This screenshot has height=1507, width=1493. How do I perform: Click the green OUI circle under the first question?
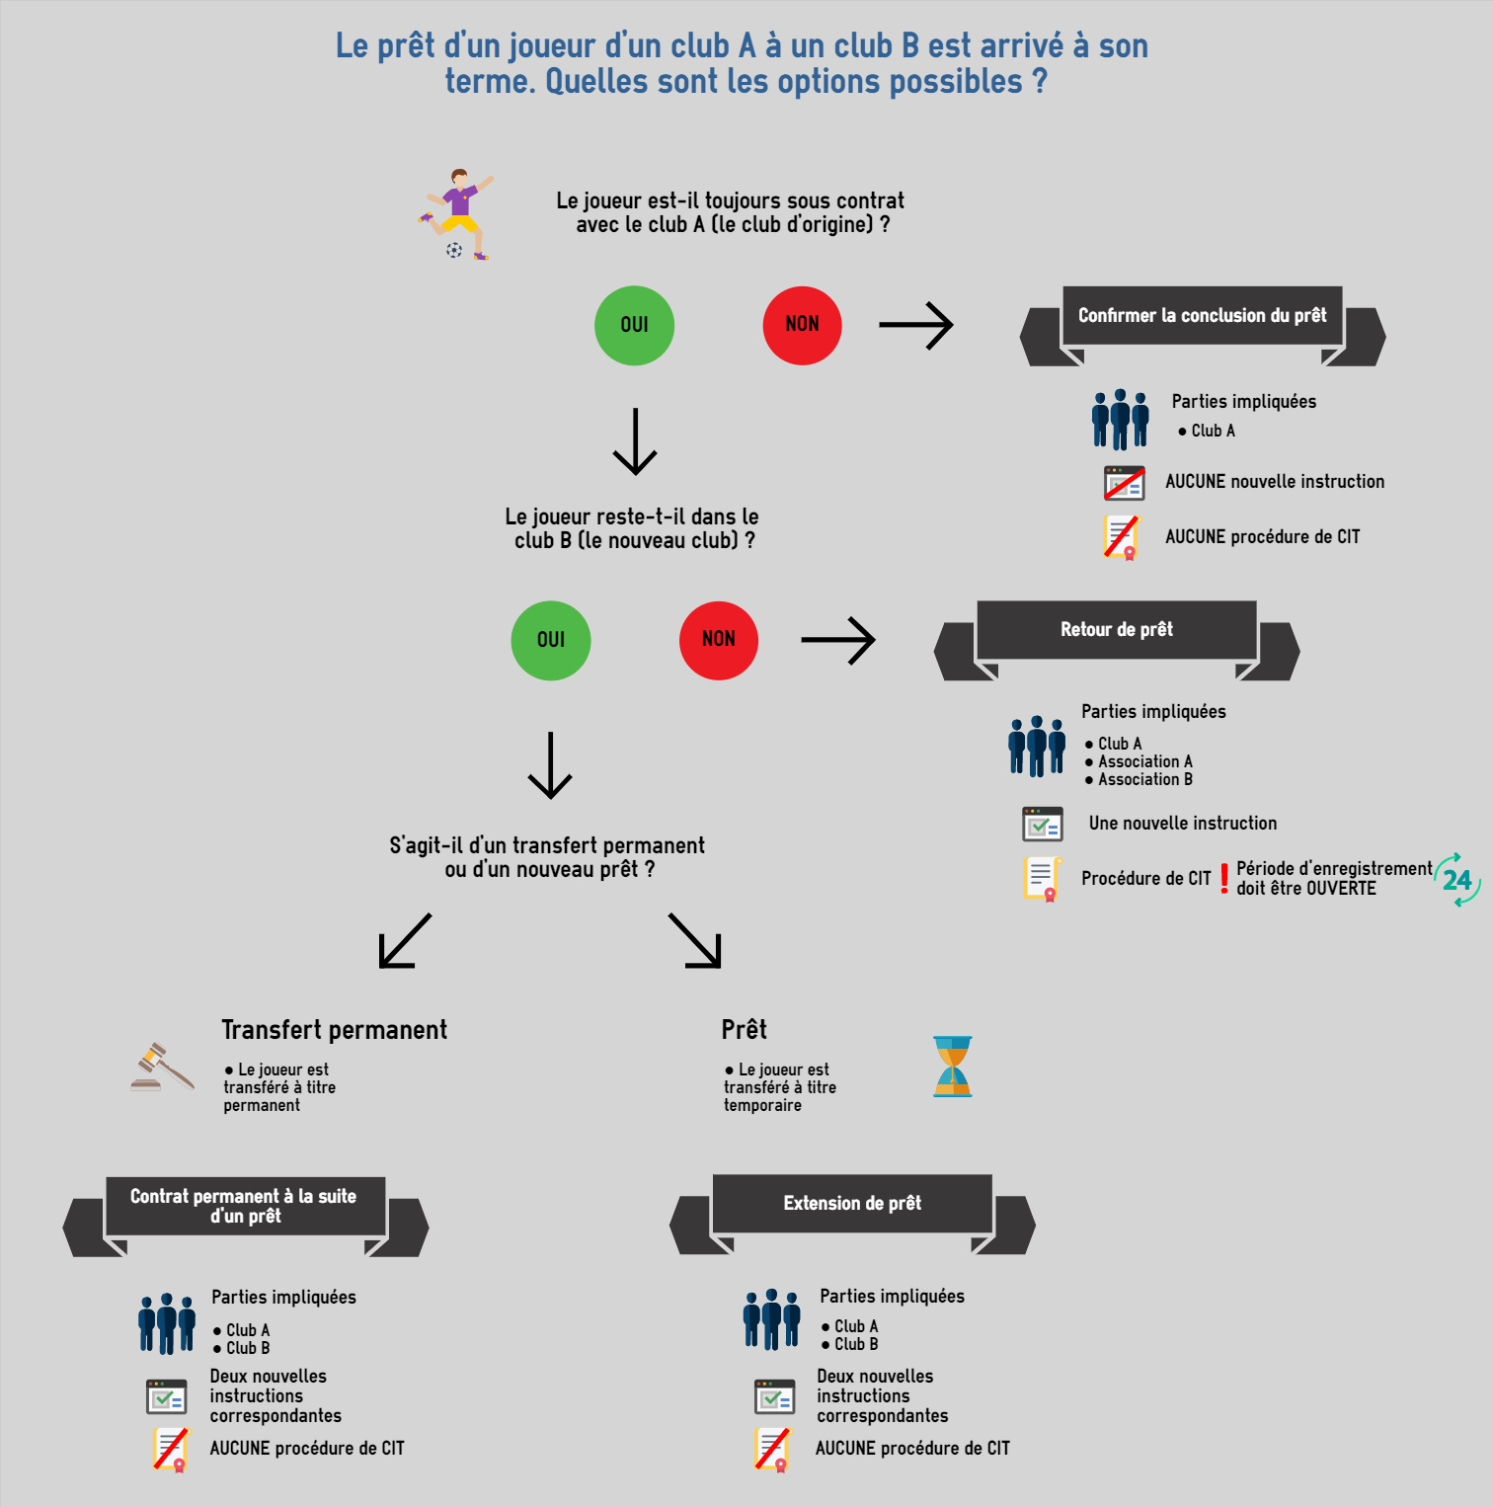(x=634, y=325)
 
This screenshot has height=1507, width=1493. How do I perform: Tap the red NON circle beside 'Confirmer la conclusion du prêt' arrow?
(x=802, y=325)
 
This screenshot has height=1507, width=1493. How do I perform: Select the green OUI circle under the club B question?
(x=551, y=640)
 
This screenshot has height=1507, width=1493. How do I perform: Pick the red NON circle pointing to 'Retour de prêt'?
(x=719, y=640)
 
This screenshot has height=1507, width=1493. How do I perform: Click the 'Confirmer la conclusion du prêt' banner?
(x=1203, y=316)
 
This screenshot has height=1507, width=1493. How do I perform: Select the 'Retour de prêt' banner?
(x=1117, y=630)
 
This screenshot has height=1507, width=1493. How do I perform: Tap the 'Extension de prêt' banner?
(x=852, y=1204)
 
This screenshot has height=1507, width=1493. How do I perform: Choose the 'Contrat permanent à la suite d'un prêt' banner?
(x=246, y=1206)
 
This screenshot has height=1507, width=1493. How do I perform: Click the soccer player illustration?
(x=456, y=214)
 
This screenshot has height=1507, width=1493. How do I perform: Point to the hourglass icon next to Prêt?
(x=953, y=1067)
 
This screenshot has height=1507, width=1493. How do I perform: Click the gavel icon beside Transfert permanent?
(x=163, y=1067)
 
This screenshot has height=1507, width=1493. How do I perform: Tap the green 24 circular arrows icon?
(x=1457, y=880)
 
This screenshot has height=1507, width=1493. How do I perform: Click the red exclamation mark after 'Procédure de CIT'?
(x=1224, y=878)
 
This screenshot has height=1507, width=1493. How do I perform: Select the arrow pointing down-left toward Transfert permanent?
(x=405, y=940)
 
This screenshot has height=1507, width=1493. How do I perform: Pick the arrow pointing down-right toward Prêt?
(x=695, y=940)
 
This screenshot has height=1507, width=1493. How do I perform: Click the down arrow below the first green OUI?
(x=635, y=441)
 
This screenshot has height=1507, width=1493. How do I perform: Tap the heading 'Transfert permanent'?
(x=335, y=1030)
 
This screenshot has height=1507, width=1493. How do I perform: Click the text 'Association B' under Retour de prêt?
(x=1145, y=779)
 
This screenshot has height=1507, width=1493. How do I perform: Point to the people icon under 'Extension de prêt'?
(x=772, y=1319)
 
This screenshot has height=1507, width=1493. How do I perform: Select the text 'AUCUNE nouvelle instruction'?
(x=1275, y=482)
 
